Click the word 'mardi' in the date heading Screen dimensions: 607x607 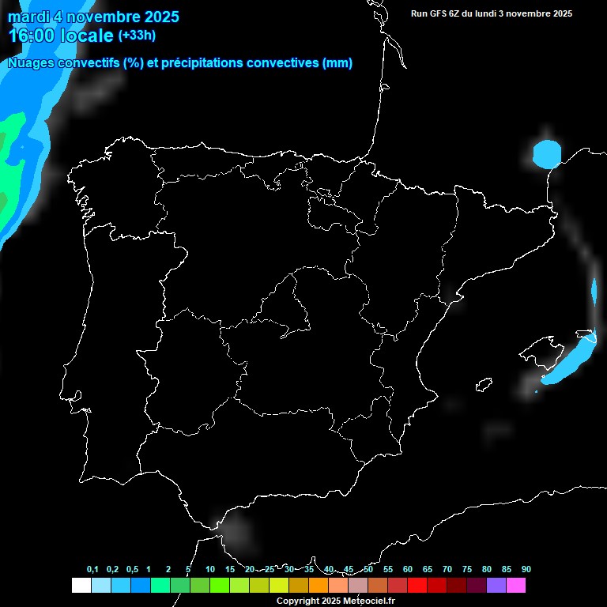(27, 17)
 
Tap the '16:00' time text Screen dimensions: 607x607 (32, 36)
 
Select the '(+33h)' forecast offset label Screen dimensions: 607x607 (137, 35)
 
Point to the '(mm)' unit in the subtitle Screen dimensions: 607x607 (337, 63)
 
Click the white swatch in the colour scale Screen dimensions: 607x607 (81, 586)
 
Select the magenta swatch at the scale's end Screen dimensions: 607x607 (515, 586)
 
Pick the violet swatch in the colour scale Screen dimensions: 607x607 (496, 586)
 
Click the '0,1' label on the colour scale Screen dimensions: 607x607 (92, 570)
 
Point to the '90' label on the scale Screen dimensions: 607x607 (526, 570)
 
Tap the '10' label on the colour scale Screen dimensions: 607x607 (210, 570)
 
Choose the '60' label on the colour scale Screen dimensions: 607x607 (408, 570)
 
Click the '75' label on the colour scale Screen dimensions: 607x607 (467, 570)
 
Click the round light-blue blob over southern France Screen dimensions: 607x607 (546, 153)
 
